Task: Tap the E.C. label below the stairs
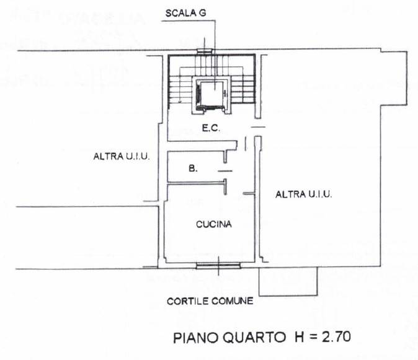(208, 129)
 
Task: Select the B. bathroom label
(193, 167)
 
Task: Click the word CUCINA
(213, 224)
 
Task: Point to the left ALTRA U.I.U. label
(118, 157)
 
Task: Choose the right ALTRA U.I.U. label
(304, 195)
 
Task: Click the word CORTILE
(188, 302)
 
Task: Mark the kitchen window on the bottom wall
(218, 266)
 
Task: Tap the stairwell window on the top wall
(204, 51)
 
